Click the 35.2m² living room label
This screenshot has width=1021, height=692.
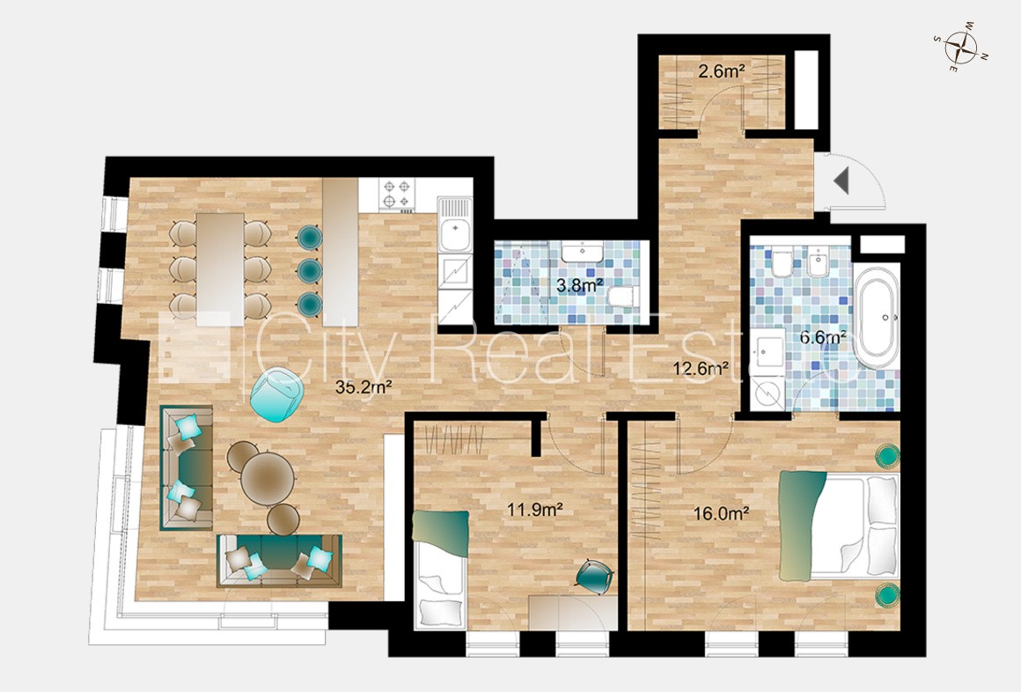click(x=363, y=386)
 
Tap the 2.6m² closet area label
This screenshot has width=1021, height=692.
click(x=722, y=70)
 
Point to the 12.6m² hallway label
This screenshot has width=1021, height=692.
click(x=700, y=369)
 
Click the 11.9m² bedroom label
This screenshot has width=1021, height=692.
click(x=535, y=509)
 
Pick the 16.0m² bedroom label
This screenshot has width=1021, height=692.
click(x=721, y=513)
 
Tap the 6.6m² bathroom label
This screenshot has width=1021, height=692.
click(x=823, y=337)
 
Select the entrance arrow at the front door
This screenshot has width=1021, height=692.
click(x=841, y=180)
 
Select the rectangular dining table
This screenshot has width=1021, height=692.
click(x=220, y=269)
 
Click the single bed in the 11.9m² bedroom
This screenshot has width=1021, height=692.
click(x=440, y=571)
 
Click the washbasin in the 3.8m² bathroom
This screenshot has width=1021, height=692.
click(x=583, y=251)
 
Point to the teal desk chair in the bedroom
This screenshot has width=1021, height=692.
click(x=594, y=576)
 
